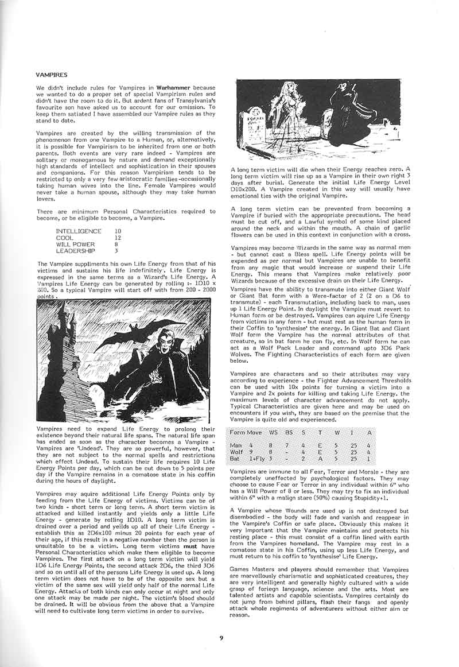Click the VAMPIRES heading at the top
[52, 75]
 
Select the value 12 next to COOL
[118, 237]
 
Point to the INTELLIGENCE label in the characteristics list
[79, 231]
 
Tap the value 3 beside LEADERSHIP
[116, 250]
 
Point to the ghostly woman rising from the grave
[287, 112]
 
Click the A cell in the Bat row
[369, 459]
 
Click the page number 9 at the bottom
[221, 637]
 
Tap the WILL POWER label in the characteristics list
[76, 244]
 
